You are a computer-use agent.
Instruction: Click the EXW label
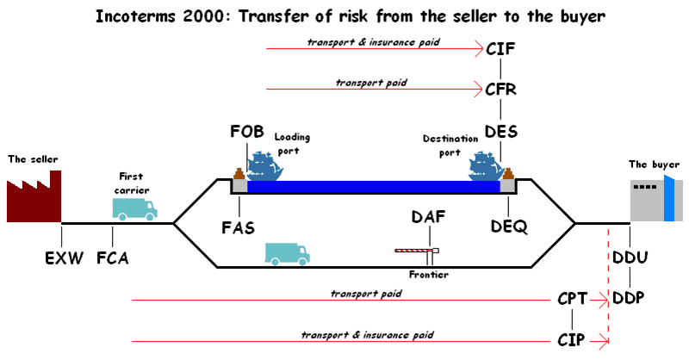(x=64, y=258)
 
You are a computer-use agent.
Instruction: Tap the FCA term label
(x=113, y=258)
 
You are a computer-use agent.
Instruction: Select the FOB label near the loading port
(x=247, y=132)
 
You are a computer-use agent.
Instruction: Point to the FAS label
(x=239, y=227)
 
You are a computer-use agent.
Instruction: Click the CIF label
(x=500, y=49)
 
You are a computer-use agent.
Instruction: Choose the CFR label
(x=500, y=90)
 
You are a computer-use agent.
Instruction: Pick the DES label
(x=501, y=132)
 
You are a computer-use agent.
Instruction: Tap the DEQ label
(x=509, y=227)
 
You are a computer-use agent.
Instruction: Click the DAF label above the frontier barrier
(x=428, y=217)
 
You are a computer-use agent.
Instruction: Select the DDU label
(x=630, y=258)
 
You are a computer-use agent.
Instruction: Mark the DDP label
(x=629, y=298)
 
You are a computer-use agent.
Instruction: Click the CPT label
(x=572, y=299)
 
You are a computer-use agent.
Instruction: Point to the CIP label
(x=571, y=340)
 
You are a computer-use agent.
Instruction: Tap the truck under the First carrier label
(x=134, y=208)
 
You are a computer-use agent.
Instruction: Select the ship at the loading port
(x=264, y=166)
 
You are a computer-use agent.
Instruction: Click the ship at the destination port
(x=486, y=166)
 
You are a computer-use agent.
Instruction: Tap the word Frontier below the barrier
(x=429, y=275)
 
